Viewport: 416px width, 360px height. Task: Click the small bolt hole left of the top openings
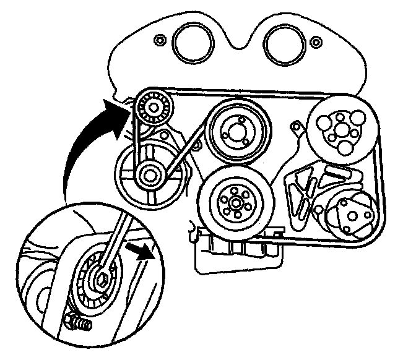pos(160,40)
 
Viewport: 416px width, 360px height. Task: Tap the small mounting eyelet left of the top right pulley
pos(297,129)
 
